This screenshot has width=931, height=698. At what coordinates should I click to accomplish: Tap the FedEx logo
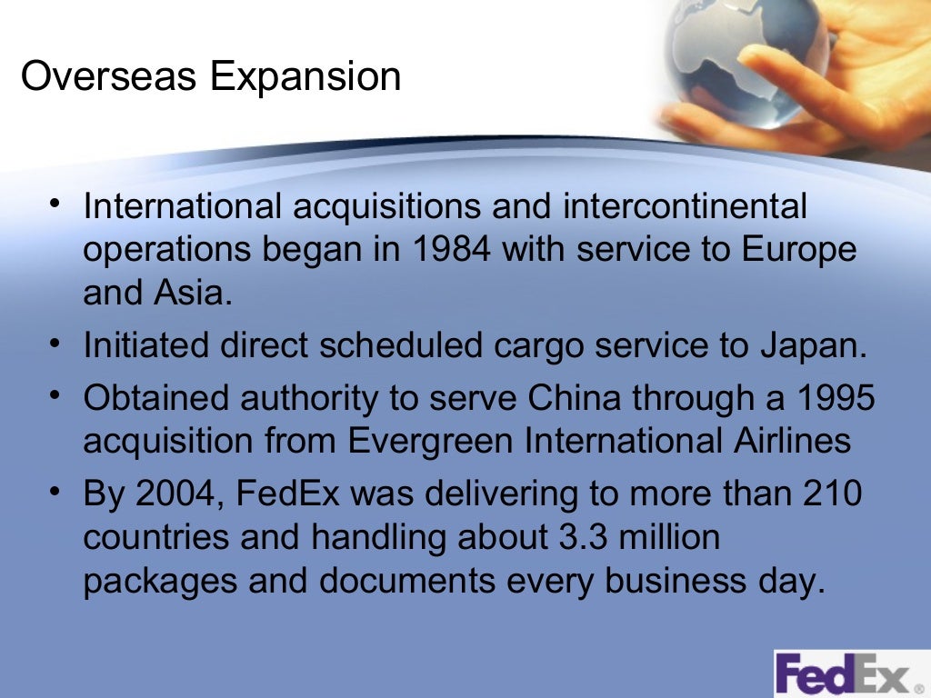point(846,674)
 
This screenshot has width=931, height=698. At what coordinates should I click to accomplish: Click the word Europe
point(801,249)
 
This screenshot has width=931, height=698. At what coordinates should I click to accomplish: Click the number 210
point(831,494)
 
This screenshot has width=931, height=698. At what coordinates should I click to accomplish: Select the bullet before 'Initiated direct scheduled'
point(57,344)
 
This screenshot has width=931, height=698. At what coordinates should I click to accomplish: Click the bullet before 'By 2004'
point(57,492)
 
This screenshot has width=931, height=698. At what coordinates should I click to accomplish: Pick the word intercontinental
point(686,206)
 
